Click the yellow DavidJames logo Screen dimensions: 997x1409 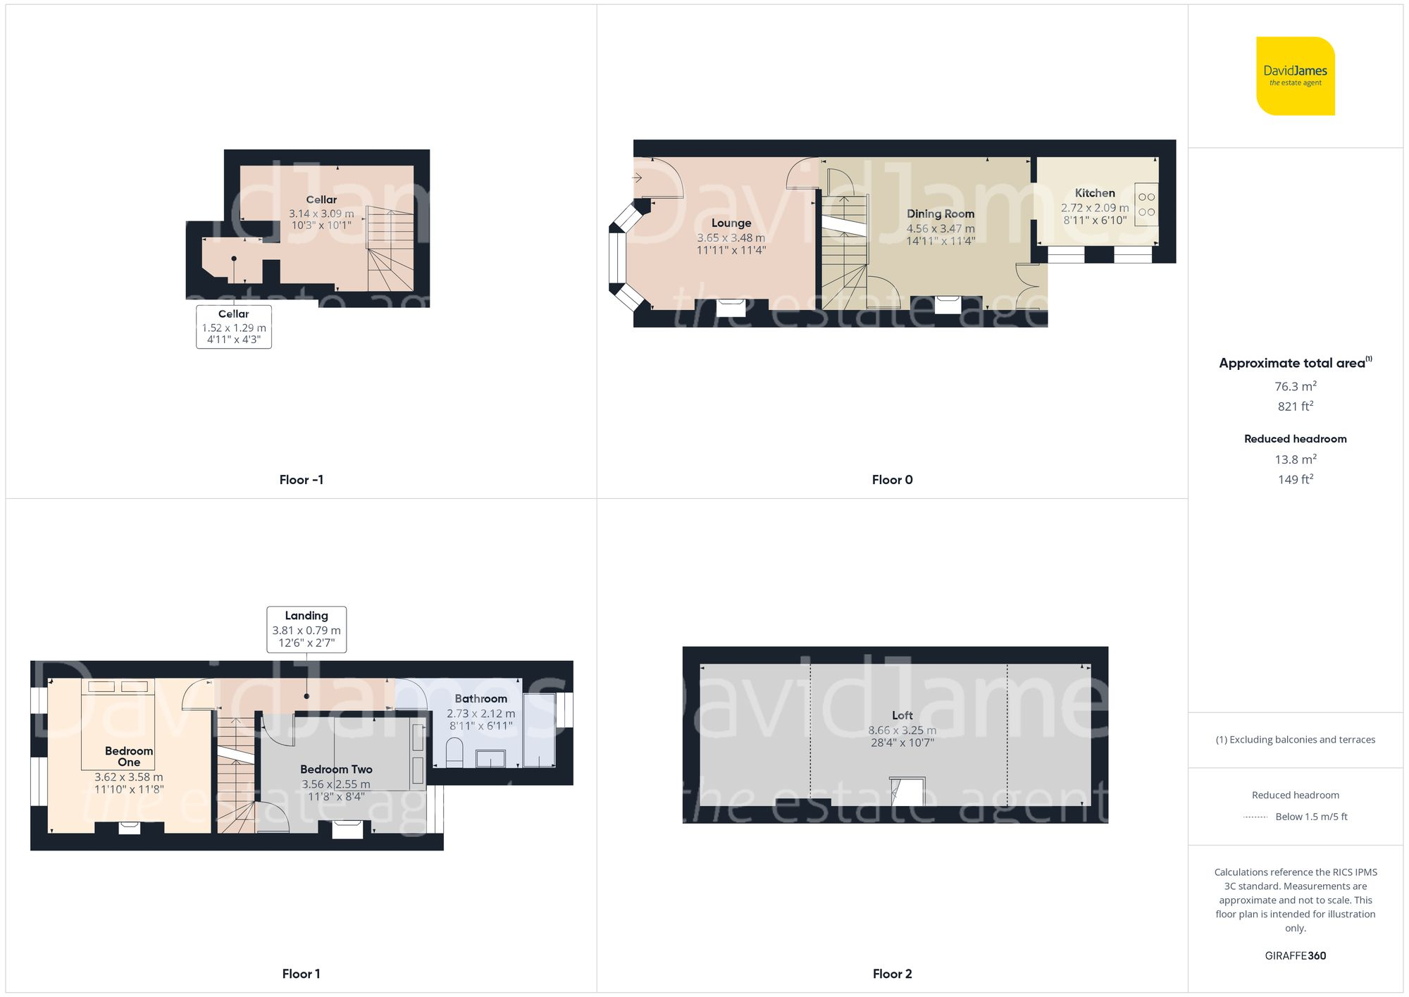click(x=1295, y=76)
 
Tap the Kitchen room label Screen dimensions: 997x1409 click(x=1094, y=193)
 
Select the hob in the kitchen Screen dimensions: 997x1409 click(x=1146, y=204)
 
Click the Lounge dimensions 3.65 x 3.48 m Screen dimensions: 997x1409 click(x=731, y=238)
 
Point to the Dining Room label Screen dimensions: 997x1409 click(x=940, y=213)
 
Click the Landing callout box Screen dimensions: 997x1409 click(x=306, y=629)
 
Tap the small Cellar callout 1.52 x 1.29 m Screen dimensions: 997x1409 click(x=234, y=327)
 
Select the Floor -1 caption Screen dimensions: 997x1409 click(x=301, y=480)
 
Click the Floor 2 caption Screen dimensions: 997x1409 click(x=892, y=974)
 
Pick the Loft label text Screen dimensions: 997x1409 click(x=902, y=715)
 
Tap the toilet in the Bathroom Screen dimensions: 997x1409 click(x=454, y=753)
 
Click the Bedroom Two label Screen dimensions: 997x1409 click(x=336, y=769)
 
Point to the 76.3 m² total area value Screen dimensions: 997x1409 click(x=1295, y=386)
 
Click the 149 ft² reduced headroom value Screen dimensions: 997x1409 click(x=1295, y=479)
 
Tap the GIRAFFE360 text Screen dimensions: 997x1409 click(x=1295, y=955)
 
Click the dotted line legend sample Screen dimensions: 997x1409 click(x=1255, y=817)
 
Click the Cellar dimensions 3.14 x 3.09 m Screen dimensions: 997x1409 click(x=321, y=213)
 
